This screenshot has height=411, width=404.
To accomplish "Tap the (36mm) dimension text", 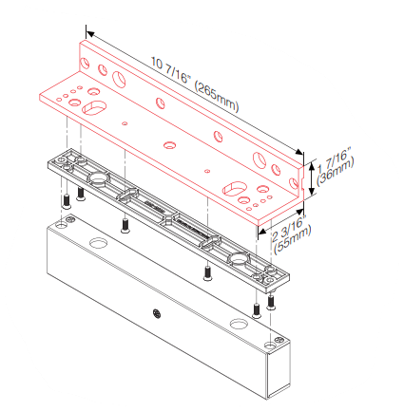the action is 336,173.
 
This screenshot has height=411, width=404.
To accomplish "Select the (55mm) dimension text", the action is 293,239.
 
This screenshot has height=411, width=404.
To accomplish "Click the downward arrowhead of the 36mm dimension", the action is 312,191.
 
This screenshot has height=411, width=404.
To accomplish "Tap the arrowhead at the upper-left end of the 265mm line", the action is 90,33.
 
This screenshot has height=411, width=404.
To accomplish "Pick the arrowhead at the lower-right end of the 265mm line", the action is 298,152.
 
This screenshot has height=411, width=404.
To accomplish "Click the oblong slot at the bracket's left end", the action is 93,108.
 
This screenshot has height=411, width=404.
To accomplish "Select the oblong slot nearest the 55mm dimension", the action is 235,189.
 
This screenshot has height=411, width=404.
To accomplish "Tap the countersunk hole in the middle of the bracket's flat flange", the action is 170,145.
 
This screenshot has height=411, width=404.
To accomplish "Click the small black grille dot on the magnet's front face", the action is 156,313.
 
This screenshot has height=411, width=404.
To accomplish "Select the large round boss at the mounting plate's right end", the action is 238,258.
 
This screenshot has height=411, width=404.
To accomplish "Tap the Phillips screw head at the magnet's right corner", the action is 279,340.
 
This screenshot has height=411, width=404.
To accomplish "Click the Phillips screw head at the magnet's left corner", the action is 70,218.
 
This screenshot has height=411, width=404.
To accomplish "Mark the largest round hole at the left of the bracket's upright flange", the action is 119,79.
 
